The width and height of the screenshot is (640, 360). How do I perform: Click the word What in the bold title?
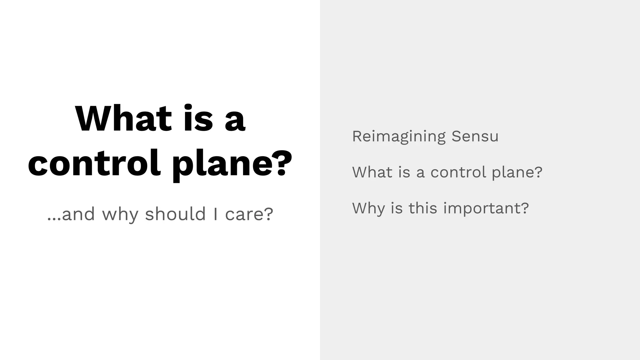coord(123,119)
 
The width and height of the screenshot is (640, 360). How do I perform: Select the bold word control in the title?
coord(94,163)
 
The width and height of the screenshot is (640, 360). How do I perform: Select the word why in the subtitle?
coord(120,215)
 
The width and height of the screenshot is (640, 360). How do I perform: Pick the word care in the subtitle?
coord(245,214)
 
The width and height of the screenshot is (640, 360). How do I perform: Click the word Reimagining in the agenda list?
coord(399,137)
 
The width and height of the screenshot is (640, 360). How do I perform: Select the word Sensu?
coord(475,136)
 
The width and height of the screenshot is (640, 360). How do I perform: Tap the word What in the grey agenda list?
coord(372,172)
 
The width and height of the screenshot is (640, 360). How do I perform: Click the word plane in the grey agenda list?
coord(511,173)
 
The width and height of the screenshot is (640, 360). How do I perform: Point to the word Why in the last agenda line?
coord(368,208)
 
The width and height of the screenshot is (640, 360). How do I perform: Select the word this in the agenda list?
coord(423,208)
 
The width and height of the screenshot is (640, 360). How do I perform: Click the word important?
coord(482,208)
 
